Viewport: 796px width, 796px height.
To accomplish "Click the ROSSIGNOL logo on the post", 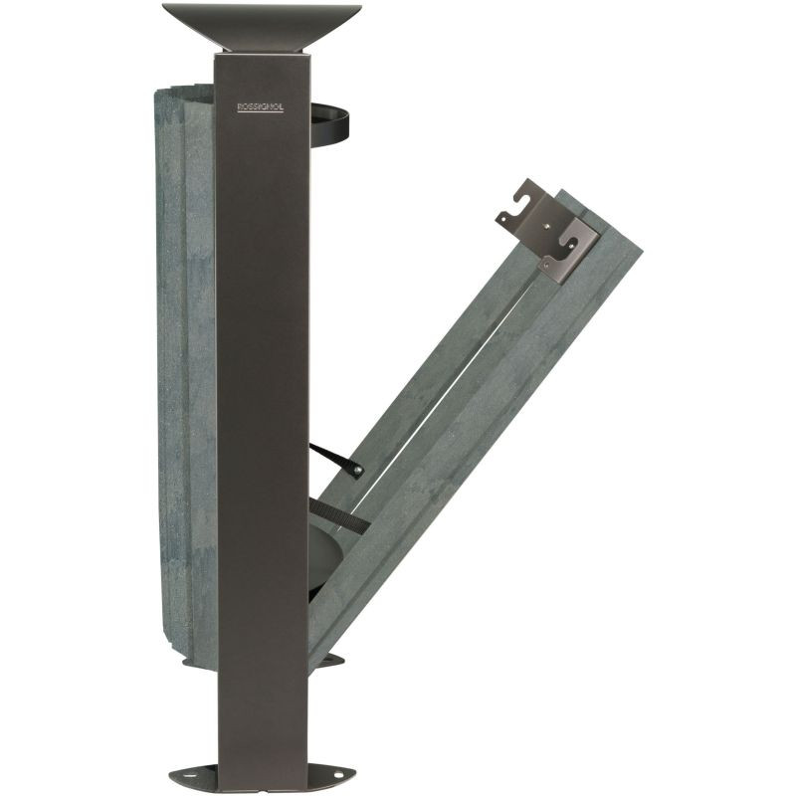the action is pos(261,107).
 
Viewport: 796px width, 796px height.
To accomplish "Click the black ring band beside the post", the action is pos(330,124).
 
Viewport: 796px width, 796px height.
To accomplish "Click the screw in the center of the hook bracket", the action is pos(546,222).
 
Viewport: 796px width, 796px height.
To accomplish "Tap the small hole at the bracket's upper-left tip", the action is pos(503,219).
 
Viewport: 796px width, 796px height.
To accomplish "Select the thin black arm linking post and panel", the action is pos(336,461).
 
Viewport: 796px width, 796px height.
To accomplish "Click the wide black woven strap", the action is pos(339,514).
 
